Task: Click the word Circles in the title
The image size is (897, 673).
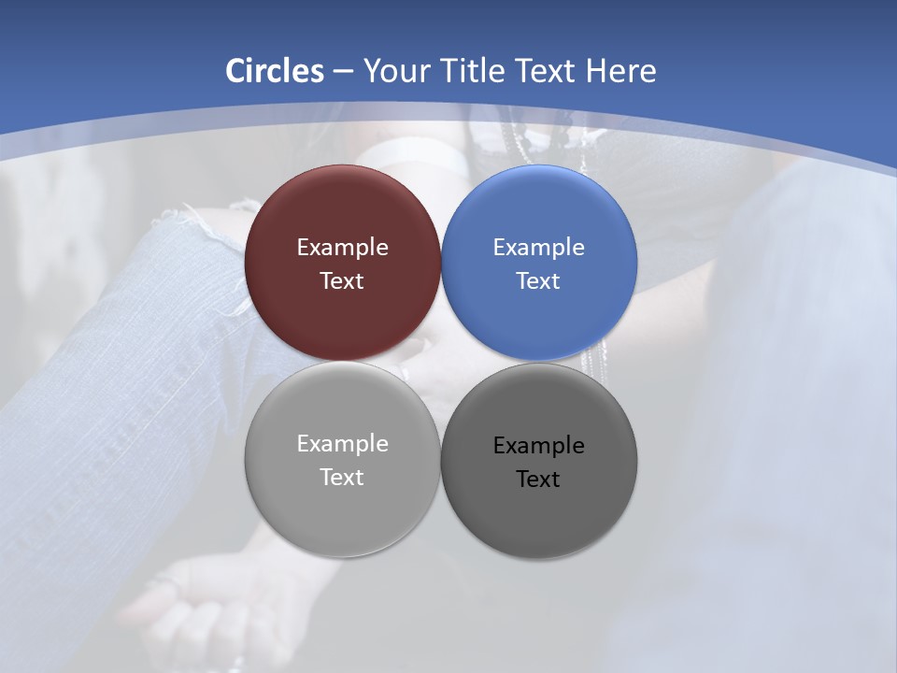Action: click(x=275, y=71)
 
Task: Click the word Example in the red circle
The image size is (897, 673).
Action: click(x=342, y=248)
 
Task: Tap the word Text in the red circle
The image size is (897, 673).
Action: click(x=342, y=281)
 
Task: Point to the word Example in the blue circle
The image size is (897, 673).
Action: click(x=538, y=248)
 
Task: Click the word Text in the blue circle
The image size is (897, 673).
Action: click(x=538, y=281)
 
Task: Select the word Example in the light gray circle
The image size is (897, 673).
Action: click(x=342, y=444)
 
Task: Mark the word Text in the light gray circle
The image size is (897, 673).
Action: click(x=342, y=478)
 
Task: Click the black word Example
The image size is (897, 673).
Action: click(x=538, y=446)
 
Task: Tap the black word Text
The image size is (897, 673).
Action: click(x=538, y=480)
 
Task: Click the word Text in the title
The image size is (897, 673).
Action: click(x=548, y=71)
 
